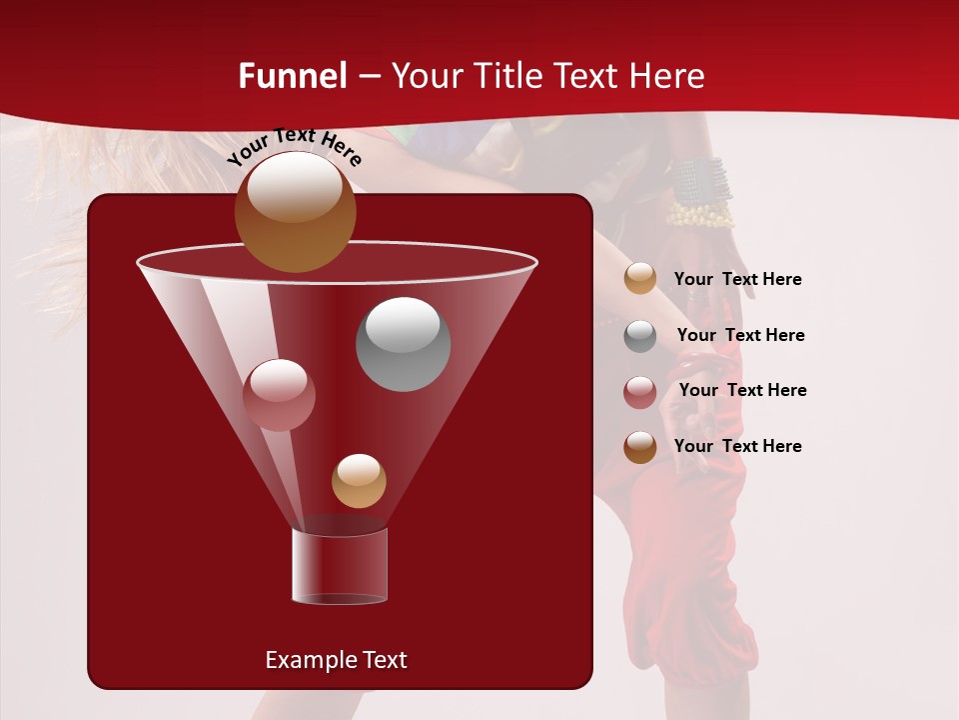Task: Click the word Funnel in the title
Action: pyautogui.click(x=293, y=76)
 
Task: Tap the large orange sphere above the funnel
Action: pyautogui.click(x=295, y=211)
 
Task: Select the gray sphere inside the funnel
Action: pyautogui.click(x=403, y=343)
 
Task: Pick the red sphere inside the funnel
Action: pyautogui.click(x=279, y=394)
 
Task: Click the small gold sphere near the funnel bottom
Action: pyautogui.click(x=359, y=480)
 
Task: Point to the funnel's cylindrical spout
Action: pyautogui.click(x=340, y=566)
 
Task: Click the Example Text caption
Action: pyautogui.click(x=336, y=660)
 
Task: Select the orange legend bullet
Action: pyautogui.click(x=640, y=279)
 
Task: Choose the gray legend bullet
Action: pyautogui.click(x=640, y=335)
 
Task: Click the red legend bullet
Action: pyautogui.click(x=640, y=391)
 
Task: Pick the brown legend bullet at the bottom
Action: pyautogui.click(x=640, y=446)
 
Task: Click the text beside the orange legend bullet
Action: pyautogui.click(x=737, y=279)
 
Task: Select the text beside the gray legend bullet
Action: pyautogui.click(x=740, y=335)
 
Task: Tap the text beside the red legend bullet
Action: pyautogui.click(x=742, y=390)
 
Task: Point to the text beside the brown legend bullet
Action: pyautogui.click(x=737, y=446)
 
